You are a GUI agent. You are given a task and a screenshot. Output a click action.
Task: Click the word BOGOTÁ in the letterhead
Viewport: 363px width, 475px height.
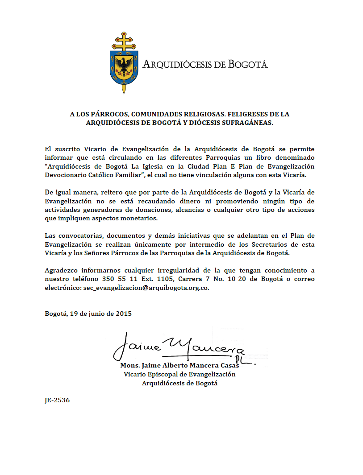[x=248, y=64]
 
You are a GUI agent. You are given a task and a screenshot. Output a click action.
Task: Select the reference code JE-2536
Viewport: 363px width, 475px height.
[x=57, y=400]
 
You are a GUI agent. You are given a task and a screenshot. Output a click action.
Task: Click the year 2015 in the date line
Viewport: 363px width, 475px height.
[x=123, y=313]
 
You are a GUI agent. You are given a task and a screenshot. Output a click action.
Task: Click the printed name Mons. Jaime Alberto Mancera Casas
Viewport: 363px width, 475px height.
[x=179, y=365]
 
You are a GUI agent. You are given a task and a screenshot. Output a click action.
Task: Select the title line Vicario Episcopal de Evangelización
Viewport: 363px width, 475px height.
[x=179, y=374]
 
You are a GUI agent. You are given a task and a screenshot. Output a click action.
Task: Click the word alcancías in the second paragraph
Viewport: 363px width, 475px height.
[x=196, y=210]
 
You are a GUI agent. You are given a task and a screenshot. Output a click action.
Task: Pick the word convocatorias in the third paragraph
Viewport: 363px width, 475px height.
[x=80, y=235]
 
